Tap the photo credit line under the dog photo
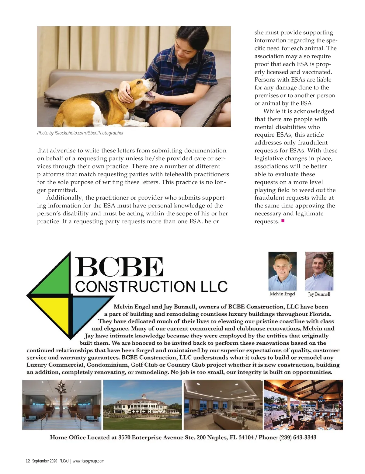(80, 133)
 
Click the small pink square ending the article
(283, 221)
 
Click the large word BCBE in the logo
(119, 267)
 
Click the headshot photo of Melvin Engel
(282, 271)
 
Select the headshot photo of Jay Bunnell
(319, 271)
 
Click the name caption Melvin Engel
(282, 294)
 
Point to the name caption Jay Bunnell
(319, 294)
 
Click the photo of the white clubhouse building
(142, 405)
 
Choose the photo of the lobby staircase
(62, 405)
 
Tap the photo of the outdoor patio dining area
(303, 405)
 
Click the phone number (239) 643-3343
(298, 437)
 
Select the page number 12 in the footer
(28, 461)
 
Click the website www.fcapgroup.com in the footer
(88, 461)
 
